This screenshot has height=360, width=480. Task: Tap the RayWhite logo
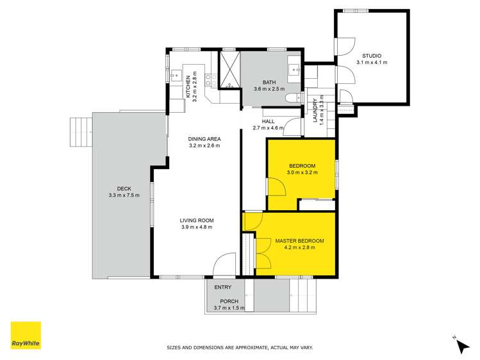(x=26, y=336)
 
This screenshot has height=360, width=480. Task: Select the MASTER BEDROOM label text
(x=299, y=241)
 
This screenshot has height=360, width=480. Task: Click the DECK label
(x=124, y=188)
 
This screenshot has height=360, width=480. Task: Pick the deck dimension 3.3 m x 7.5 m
(x=124, y=195)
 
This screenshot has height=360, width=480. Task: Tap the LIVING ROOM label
(x=196, y=220)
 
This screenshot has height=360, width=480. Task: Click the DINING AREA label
(x=204, y=139)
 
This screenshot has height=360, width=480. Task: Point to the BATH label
(x=269, y=81)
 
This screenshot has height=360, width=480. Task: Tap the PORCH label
(x=229, y=301)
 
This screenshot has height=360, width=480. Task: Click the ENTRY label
(x=223, y=287)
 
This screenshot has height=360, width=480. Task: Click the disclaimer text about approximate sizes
(x=240, y=348)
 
